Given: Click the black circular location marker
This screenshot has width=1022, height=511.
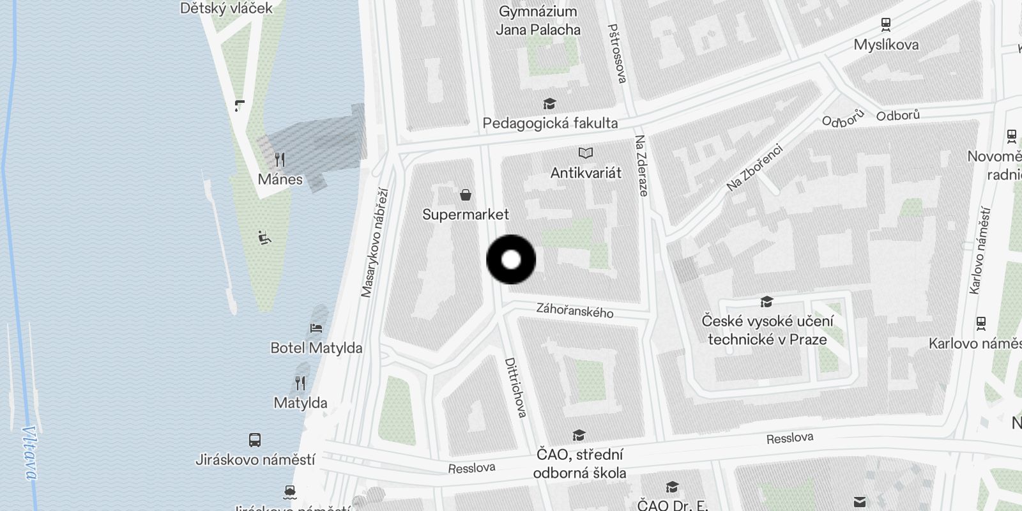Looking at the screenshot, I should coord(511,259).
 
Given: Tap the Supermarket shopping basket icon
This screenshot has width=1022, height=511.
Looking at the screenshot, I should coord(466,194).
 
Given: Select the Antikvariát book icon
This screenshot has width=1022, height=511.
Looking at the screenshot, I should coord(585,153).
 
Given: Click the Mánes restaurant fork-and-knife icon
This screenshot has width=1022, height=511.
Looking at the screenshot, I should coord(280,159).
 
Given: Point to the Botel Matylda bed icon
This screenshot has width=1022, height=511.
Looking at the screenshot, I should coord(316,328).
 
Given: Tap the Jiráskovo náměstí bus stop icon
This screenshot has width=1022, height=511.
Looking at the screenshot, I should coord(254,439).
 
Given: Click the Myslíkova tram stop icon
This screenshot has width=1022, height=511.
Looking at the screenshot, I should coord(886,25).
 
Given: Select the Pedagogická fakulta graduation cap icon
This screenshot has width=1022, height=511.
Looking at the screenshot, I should coord(549,103).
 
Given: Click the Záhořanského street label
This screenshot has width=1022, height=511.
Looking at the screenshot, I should coord(575,311).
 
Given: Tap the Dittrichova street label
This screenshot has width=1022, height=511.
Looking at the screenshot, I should coord(515,388).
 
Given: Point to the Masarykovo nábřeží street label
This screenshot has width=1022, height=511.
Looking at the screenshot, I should coord(374,243).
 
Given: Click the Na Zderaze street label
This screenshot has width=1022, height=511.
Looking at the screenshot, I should coord(641,165).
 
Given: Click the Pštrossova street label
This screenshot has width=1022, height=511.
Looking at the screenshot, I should coord(616,54).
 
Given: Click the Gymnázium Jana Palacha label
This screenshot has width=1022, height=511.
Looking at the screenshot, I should coord(538,20).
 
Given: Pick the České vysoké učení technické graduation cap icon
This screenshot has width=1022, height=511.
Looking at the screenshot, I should coord(766,301).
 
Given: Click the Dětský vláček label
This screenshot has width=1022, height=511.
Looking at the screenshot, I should coord(226,8).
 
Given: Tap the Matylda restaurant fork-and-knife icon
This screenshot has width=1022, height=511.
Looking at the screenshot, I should coord(300,383).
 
